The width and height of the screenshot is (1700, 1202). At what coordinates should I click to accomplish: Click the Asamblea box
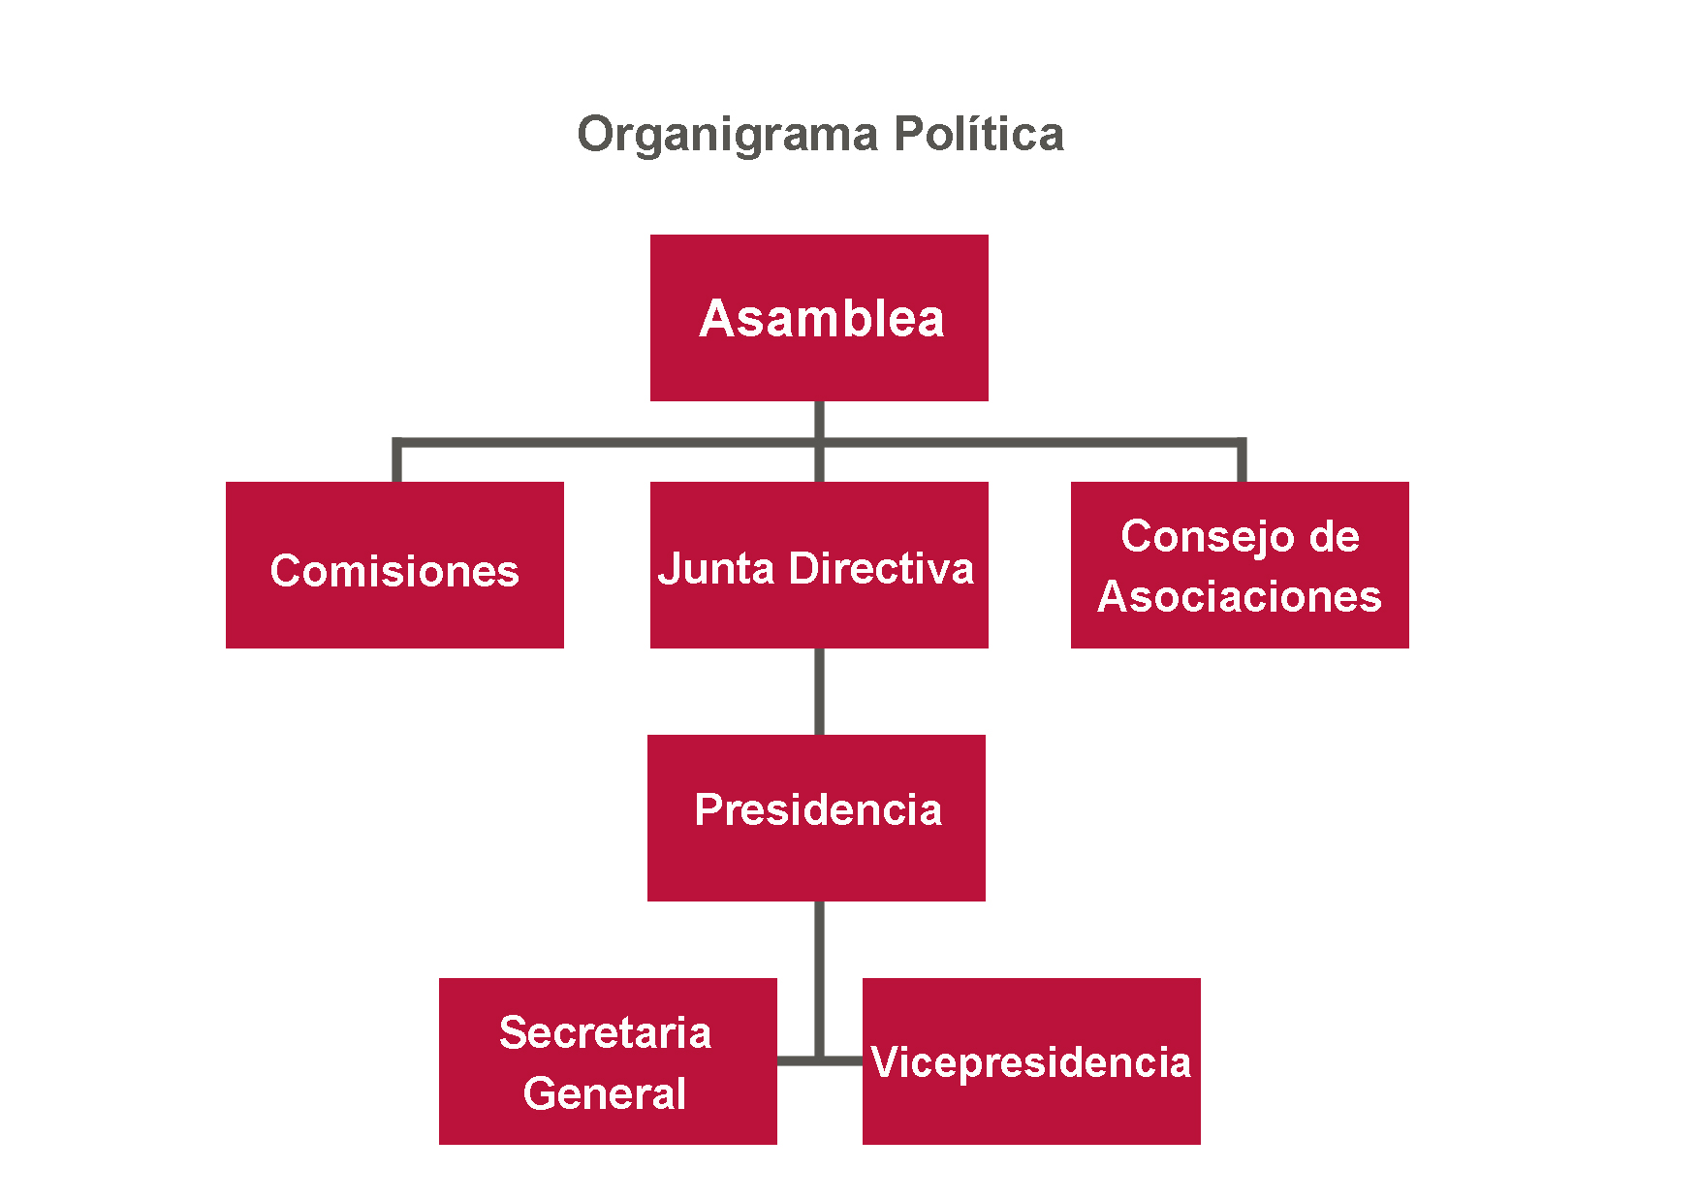pos(819,318)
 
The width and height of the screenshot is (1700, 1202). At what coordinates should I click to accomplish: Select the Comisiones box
pos(394,565)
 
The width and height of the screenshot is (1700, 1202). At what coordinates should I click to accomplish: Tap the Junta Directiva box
pos(819,565)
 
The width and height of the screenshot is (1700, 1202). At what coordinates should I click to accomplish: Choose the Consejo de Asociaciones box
pos(1240,565)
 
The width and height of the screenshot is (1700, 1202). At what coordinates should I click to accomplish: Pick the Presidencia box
pos(816,818)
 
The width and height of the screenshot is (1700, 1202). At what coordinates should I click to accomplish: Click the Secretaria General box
pos(608,1061)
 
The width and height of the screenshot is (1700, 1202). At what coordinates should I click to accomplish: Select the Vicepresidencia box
pos(1031,1061)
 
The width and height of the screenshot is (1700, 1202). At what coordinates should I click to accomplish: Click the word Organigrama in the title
pos(728,135)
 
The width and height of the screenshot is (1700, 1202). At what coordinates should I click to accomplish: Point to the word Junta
pos(715,568)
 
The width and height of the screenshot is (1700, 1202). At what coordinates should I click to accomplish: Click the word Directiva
pos(881,568)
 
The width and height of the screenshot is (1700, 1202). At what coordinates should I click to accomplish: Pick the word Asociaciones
pos(1240,596)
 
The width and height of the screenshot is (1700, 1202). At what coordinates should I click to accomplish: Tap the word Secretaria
pos(606,1032)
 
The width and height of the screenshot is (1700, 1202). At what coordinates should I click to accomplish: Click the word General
pos(605,1093)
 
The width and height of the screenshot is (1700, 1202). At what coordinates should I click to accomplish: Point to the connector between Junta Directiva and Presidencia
pos(820,691)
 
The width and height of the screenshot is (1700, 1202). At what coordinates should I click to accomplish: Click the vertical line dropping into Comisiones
pos(397,460)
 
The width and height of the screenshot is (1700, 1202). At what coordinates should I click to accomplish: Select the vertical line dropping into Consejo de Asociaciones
pos(1242,460)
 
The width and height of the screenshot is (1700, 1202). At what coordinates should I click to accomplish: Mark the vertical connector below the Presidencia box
pos(820,980)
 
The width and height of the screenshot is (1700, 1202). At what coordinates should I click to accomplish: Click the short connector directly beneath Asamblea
pos(820,421)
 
